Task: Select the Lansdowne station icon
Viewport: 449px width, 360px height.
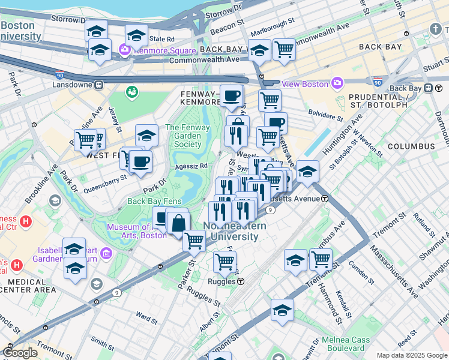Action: coord(98,85)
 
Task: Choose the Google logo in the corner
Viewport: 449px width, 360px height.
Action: coord(20,353)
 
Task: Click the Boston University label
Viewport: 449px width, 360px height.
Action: coord(22,31)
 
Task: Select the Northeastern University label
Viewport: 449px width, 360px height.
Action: coord(231,232)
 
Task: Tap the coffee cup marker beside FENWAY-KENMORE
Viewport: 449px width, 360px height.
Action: coord(231,95)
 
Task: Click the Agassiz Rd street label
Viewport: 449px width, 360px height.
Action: coord(191,166)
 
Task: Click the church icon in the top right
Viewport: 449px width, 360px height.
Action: coord(435,29)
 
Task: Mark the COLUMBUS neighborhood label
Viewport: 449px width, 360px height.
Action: coord(411,146)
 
